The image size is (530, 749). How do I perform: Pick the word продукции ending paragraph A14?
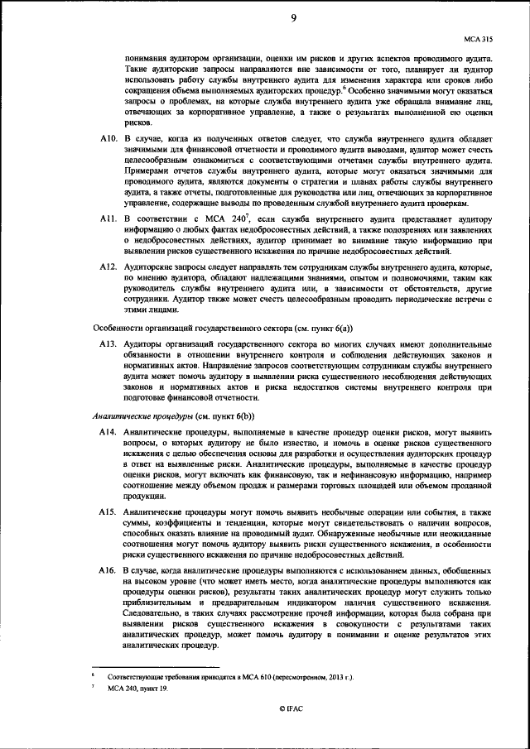(x=142, y=496)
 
